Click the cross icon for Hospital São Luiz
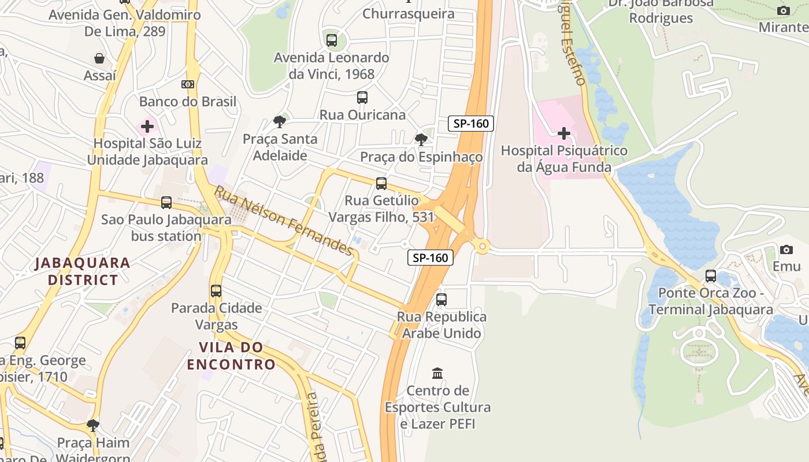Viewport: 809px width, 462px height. [147, 126]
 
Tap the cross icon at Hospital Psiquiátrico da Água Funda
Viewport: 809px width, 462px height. [563, 134]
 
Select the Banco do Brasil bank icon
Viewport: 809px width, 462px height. [188, 84]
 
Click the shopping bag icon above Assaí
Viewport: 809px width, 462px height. [100, 58]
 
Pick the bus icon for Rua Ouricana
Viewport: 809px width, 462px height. [362, 98]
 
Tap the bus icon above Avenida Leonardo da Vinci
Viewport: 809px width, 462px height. [332, 40]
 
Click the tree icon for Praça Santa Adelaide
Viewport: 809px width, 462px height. [280, 122]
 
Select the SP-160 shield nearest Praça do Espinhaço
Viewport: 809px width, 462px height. [471, 123]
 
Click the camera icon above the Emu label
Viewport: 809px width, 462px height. [786, 250]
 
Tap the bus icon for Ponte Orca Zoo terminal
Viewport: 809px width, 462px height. [711, 276]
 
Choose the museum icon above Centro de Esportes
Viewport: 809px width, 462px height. [437, 374]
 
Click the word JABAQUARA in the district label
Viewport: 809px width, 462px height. [83, 263]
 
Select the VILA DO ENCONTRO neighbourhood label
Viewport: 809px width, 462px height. [231, 356]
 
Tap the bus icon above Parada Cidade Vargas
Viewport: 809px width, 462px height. [216, 291]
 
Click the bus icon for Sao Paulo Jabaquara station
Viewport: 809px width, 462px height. [166, 203]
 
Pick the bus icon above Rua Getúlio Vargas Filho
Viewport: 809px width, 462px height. [381, 184]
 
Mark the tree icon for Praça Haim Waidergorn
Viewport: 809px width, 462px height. [93, 426]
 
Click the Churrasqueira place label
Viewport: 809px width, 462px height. [409, 13]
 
